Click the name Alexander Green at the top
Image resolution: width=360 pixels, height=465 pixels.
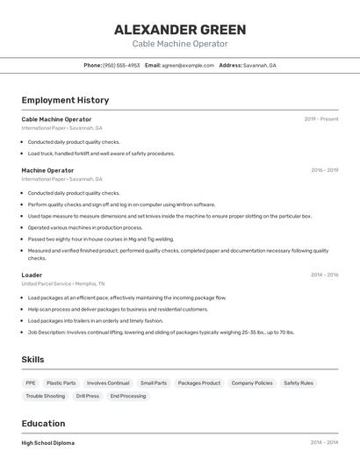click(x=180, y=30)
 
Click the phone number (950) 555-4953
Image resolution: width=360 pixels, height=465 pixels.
click(x=121, y=65)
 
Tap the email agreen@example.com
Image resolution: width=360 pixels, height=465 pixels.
click(x=188, y=65)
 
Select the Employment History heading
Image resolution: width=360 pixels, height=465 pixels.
click(x=65, y=100)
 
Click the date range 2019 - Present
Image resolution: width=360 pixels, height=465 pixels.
click(x=321, y=119)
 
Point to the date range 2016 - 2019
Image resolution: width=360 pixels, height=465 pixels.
click(x=324, y=170)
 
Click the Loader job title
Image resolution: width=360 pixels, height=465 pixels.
click(x=32, y=275)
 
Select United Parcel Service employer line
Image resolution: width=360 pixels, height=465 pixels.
click(x=63, y=284)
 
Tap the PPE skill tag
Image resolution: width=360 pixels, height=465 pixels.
click(x=31, y=383)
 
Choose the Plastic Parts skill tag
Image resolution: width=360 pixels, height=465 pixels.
click(x=61, y=383)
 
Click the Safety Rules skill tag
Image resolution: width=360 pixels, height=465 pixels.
click(x=299, y=383)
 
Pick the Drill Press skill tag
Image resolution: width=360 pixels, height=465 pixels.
click(x=88, y=397)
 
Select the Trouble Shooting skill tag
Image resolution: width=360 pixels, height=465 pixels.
click(x=46, y=397)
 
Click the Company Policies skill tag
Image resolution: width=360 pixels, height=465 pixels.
click(x=252, y=383)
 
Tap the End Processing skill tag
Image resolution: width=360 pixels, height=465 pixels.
click(x=128, y=397)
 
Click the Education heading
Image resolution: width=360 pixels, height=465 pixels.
click(x=43, y=423)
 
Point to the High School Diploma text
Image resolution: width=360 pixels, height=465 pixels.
click(x=48, y=443)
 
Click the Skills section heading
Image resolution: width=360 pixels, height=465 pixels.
click(x=32, y=360)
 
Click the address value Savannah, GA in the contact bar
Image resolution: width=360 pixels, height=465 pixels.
click(x=260, y=65)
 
